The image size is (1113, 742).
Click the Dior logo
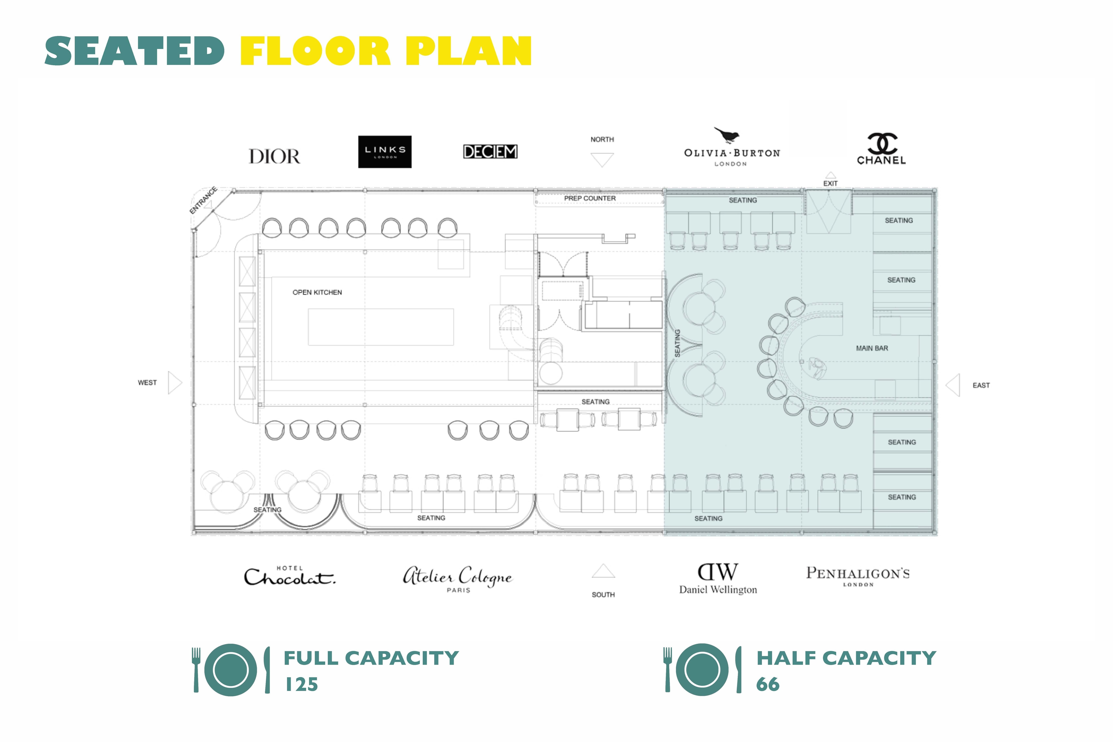[x=274, y=156]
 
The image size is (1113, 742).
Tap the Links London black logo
[x=385, y=152]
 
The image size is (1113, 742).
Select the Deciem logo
[x=490, y=151]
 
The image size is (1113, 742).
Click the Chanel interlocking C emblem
[x=882, y=143]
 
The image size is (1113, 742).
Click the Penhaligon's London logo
[x=858, y=576]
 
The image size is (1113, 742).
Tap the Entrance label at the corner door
[x=203, y=200]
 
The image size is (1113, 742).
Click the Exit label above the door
[x=830, y=183]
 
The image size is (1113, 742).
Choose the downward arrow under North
[x=602, y=159]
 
